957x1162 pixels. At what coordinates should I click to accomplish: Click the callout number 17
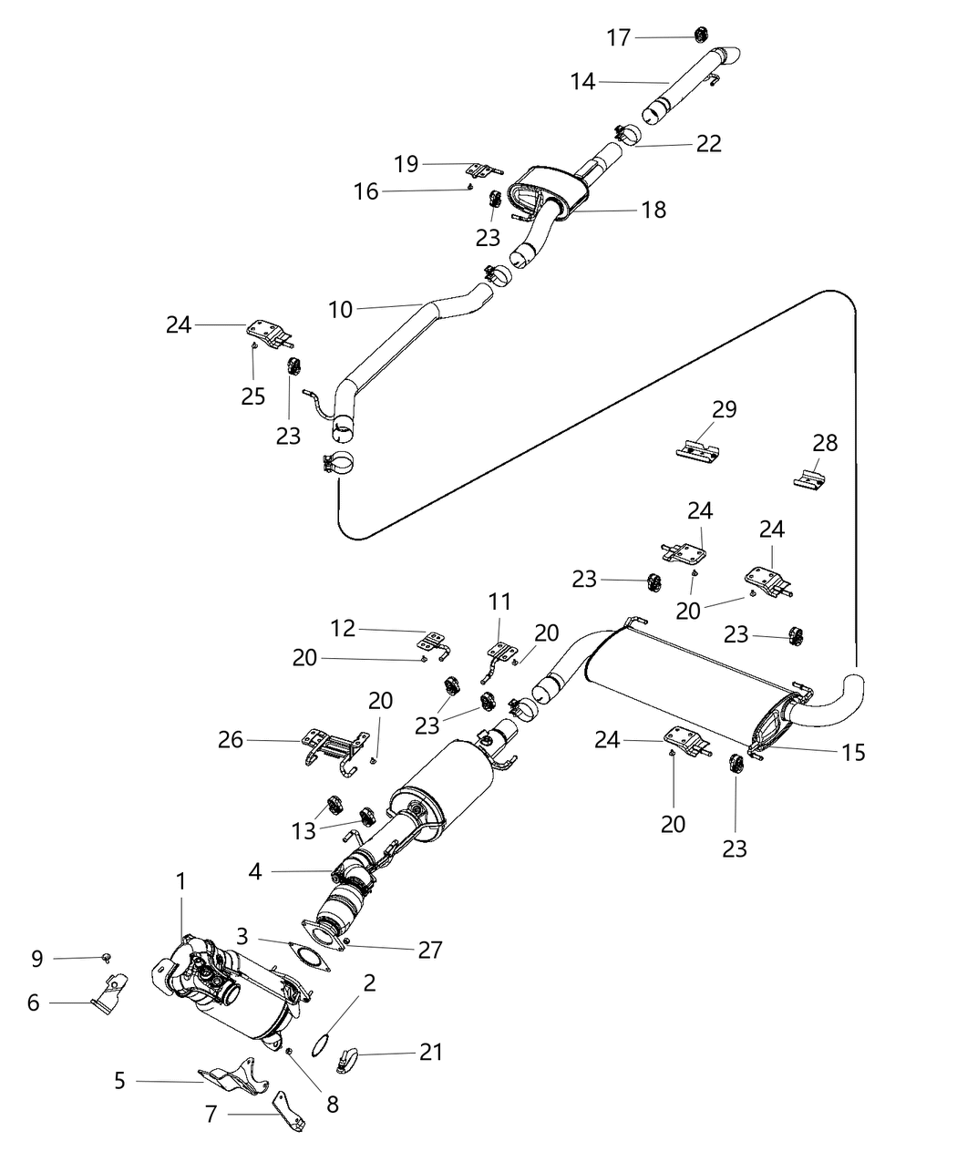[618, 37]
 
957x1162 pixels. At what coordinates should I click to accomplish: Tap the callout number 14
[583, 82]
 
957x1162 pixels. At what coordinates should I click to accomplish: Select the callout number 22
[708, 143]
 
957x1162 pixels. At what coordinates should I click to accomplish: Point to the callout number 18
[653, 210]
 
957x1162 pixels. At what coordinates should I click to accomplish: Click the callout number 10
[340, 310]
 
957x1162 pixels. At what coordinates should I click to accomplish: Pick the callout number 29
[724, 409]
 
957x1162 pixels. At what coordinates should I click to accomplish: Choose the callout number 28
[825, 443]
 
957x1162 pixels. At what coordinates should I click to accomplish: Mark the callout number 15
[854, 752]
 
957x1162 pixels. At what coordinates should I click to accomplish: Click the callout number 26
[231, 739]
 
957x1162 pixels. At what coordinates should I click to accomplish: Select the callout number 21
[429, 1052]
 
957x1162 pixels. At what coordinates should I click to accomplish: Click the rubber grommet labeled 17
[701, 35]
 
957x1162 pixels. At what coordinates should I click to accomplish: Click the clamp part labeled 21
[348, 1059]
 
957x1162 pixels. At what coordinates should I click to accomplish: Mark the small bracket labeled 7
[291, 1112]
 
